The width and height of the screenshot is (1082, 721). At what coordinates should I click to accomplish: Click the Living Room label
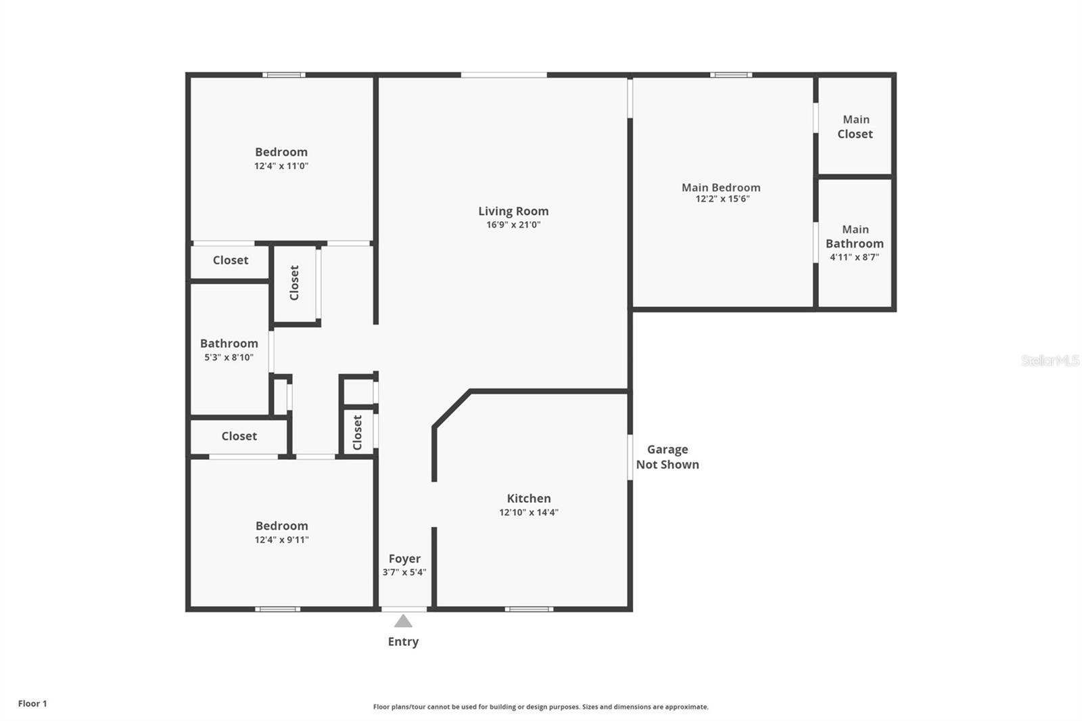[x=513, y=211]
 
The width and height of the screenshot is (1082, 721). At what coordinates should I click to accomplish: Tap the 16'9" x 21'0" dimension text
[x=513, y=225]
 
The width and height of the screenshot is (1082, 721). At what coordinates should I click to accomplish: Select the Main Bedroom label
[x=721, y=187]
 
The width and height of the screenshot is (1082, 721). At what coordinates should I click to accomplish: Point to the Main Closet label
[x=855, y=126]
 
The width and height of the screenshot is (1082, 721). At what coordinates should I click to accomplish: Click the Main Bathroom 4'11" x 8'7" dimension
[x=854, y=257]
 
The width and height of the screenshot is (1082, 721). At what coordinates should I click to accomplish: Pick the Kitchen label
[x=529, y=498]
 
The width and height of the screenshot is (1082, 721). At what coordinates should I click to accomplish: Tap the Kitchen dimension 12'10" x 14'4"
[x=529, y=512]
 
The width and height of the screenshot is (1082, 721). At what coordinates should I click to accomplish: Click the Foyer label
[x=404, y=559]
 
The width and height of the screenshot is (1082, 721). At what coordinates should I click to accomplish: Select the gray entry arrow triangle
[x=403, y=621]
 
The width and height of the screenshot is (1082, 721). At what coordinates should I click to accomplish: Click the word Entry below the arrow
[x=403, y=641]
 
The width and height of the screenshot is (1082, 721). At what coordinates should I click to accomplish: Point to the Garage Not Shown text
[x=667, y=457]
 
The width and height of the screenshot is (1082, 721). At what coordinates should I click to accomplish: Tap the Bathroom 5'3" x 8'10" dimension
[x=229, y=357]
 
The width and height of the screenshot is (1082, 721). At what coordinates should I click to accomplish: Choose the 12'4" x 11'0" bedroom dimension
[x=281, y=166]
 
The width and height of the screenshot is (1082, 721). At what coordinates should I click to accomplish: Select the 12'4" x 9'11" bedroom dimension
[x=281, y=540]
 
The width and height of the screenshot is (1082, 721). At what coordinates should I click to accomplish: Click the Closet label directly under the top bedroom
[x=231, y=260]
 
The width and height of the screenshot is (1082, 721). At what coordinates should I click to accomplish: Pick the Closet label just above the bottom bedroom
[x=239, y=436]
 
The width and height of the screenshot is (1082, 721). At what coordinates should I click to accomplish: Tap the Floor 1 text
[x=32, y=703]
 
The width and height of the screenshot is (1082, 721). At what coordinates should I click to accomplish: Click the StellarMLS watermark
[x=1050, y=360]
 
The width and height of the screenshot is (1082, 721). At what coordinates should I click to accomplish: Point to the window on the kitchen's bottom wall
[x=529, y=609]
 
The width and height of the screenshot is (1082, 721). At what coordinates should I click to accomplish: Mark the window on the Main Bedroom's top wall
[x=731, y=75]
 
